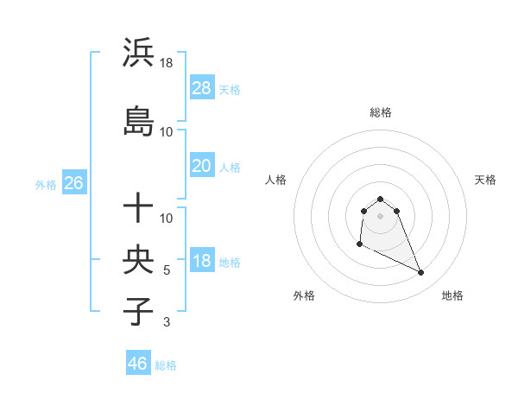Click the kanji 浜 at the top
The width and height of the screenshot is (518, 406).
(139, 53)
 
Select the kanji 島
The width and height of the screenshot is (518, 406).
(139, 122)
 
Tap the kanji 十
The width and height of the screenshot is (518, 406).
(139, 207)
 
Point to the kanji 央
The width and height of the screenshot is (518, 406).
(139, 259)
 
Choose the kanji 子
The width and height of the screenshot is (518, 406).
(139, 311)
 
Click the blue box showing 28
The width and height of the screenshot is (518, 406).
(201, 88)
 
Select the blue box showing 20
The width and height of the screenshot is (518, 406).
(201, 166)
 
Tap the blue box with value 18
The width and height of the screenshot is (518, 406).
(201, 261)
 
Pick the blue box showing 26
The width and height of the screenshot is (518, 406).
(73, 183)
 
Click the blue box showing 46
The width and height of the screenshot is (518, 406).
(138, 363)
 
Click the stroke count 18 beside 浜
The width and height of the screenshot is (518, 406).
(167, 62)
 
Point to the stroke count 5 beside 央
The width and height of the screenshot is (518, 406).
(167, 270)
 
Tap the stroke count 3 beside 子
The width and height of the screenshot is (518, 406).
(167, 322)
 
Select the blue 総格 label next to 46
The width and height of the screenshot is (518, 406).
(166, 365)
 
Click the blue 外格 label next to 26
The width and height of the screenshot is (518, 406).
(46, 185)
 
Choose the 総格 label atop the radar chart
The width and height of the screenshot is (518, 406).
(381, 112)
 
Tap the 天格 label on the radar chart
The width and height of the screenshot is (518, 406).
(486, 180)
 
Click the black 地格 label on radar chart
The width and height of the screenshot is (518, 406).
(452, 295)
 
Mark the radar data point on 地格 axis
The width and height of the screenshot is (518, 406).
(421, 273)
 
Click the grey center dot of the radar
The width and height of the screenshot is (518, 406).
(381, 216)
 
